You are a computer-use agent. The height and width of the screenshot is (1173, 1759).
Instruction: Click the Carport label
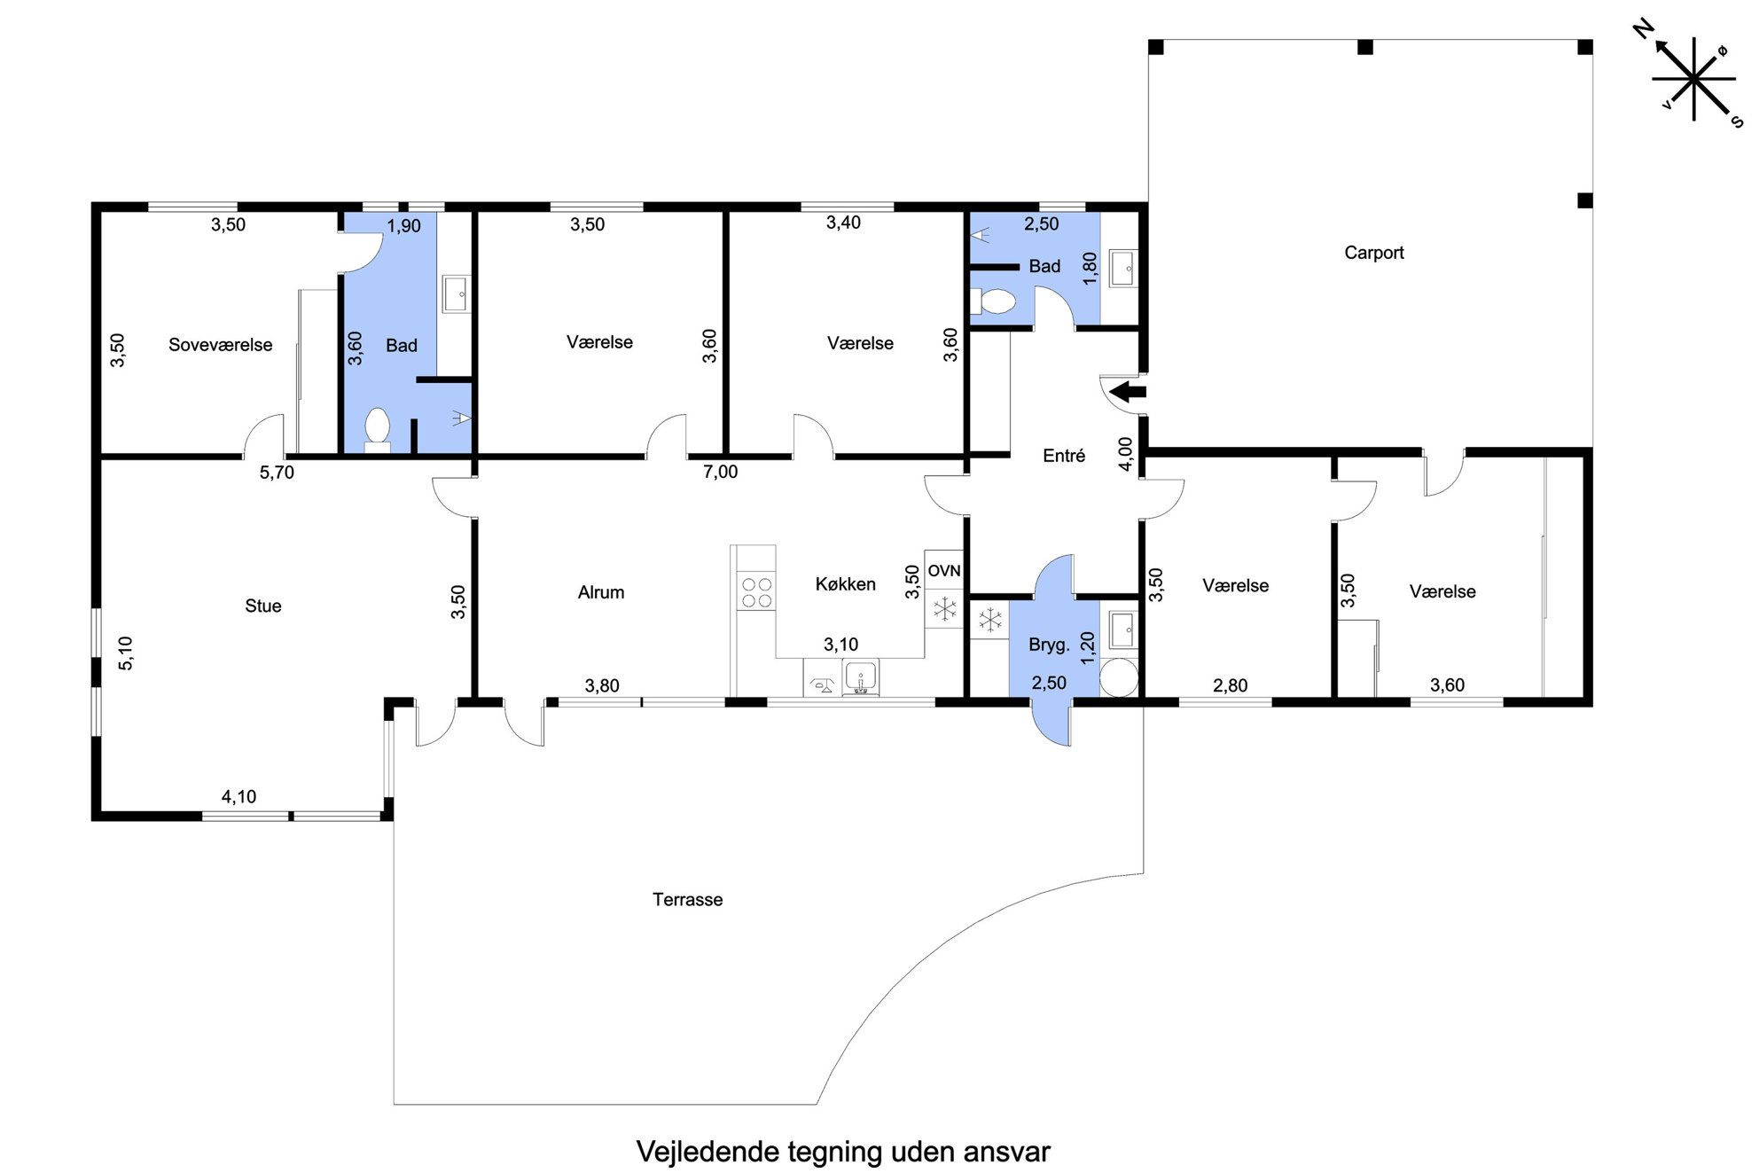[1373, 253]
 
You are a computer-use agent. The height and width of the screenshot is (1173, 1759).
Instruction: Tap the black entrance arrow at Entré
[1128, 391]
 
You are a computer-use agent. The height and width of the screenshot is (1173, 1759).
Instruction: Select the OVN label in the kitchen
[944, 571]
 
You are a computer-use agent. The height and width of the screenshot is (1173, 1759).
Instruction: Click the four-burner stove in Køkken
[756, 592]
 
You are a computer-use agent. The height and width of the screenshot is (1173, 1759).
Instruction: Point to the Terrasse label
[687, 899]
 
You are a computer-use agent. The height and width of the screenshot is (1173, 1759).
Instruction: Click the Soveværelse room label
[221, 345]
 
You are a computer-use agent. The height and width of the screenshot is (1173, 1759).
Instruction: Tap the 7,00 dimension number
[720, 472]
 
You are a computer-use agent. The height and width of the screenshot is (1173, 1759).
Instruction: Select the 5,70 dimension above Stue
[277, 473]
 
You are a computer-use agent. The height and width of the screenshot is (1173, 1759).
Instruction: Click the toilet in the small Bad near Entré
[993, 301]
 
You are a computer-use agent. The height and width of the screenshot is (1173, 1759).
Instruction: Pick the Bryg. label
[1049, 645]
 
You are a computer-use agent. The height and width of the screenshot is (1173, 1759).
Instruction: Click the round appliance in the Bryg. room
[1119, 679]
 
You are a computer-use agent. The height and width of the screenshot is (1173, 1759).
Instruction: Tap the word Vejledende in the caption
[708, 1151]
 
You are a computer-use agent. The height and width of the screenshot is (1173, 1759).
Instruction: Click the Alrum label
[601, 592]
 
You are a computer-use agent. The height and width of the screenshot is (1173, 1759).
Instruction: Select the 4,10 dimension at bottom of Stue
[238, 797]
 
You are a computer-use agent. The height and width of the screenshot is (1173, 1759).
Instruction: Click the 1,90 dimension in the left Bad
[403, 226]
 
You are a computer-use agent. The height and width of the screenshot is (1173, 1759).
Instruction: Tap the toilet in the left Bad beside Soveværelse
[377, 429]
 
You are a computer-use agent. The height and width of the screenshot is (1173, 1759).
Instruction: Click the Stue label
[263, 606]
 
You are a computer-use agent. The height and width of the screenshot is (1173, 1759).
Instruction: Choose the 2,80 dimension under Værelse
[1230, 685]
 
